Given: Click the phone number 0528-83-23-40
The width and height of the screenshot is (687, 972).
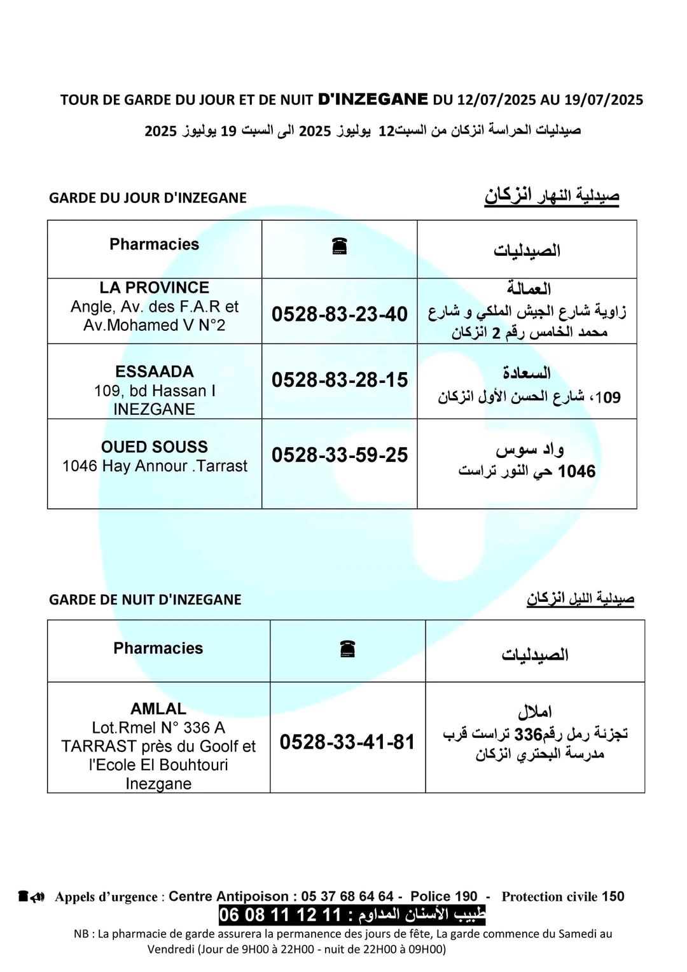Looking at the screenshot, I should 339,314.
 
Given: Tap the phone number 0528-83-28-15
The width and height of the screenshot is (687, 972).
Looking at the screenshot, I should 339,380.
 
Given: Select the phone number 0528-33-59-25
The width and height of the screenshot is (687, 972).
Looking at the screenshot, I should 339,455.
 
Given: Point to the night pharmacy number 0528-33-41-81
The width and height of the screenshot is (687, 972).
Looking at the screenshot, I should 347,742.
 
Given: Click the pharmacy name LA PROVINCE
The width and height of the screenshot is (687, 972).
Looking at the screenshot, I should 155,288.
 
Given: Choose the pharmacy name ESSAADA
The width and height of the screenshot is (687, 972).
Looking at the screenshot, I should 155,371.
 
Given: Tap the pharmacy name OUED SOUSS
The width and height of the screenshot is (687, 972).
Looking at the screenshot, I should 155,447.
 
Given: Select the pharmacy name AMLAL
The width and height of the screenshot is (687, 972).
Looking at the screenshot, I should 158,709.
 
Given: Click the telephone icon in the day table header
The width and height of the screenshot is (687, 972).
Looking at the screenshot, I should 339,246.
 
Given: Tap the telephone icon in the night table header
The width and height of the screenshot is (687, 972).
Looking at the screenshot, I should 347,649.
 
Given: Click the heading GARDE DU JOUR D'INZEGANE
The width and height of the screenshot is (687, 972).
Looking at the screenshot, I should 148,198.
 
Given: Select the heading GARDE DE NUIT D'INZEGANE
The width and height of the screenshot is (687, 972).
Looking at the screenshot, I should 145,599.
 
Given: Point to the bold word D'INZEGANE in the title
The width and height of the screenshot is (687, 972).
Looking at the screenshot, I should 373,99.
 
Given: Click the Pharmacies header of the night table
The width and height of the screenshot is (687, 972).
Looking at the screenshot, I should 158,648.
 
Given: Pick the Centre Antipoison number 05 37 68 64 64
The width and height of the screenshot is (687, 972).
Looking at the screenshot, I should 347,896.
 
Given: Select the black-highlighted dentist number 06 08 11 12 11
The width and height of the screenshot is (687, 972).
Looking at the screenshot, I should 280,915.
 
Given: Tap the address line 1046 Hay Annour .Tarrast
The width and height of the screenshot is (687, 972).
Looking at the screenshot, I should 155,466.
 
